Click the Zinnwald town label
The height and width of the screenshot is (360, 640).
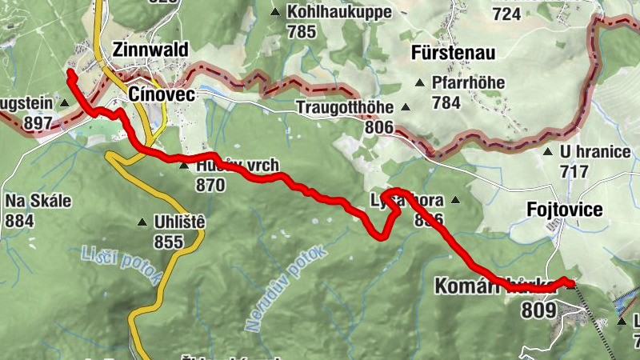[150, 50]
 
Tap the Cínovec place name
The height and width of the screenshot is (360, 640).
[158, 94]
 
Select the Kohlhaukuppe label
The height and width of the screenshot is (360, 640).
[341, 12]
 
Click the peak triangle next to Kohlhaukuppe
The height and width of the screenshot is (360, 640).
[276, 12]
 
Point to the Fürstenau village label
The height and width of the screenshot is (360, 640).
[453, 54]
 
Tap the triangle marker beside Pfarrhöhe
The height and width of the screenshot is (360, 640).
[418, 82]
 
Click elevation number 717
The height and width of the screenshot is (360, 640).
[574, 171]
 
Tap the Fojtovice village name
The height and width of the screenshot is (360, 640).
[565, 210]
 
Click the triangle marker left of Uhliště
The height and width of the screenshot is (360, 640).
[142, 222]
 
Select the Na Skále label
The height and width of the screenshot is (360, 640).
[38, 200]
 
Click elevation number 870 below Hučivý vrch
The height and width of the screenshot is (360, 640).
[210, 185]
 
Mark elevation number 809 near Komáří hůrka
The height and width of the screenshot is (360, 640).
[538, 309]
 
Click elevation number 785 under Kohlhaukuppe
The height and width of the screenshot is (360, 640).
[302, 32]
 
